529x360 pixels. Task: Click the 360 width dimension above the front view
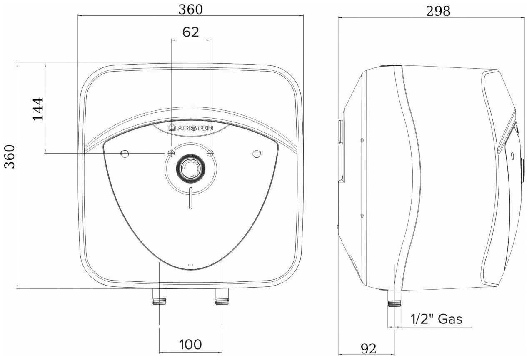click(x=191, y=10)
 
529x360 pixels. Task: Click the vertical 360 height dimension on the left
click(x=10, y=156)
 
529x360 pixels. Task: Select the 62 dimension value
click(x=191, y=32)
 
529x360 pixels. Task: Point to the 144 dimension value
click(x=38, y=109)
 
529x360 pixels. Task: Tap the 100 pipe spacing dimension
click(x=191, y=345)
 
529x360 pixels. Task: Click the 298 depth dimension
click(x=438, y=11)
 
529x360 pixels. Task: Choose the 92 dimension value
click(x=368, y=348)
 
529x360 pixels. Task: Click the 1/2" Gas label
click(x=437, y=319)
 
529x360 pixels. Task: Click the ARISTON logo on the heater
click(x=191, y=128)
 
